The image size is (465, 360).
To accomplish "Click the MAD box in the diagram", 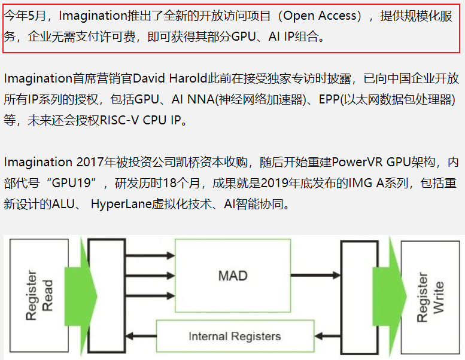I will click(x=233, y=276).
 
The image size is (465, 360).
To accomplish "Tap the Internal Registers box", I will click(x=234, y=335).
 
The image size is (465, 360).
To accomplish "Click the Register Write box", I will click(x=431, y=298).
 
